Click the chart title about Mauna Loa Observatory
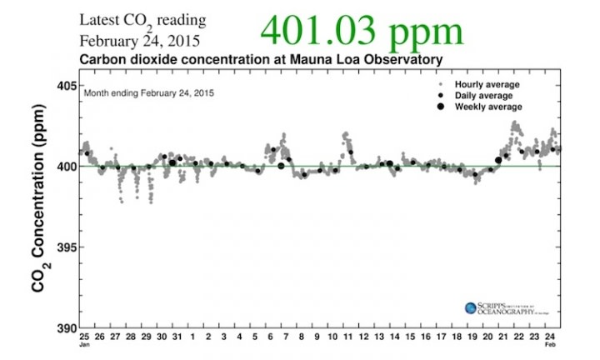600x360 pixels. pyautogui.click(x=260, y=60)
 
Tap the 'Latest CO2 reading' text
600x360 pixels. pyautogui.click(x=142, y=20)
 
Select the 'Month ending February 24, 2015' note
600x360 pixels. pyautogui.click(x=148, y=93)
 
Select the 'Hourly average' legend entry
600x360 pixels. pyautogui.click(x=487, y=85)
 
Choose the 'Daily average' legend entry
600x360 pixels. pyautogui.click(x=483, y=96)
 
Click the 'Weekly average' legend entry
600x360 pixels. pyautogui.click(x=487, y=107)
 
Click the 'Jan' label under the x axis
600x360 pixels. pyautogui.click(x=84, y=344)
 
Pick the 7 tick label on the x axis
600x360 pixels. pyautogui.click(x=286, y=337)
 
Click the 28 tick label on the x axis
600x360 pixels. pyautogui.click(x=130, y=337)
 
